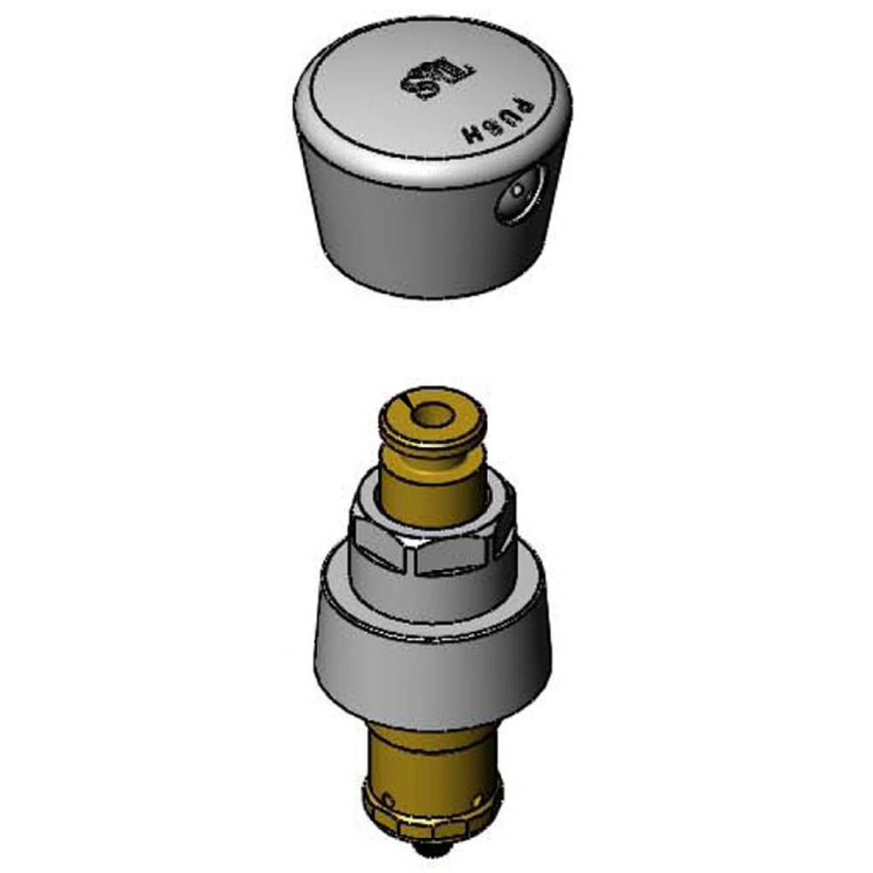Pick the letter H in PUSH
tap(472, 136)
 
